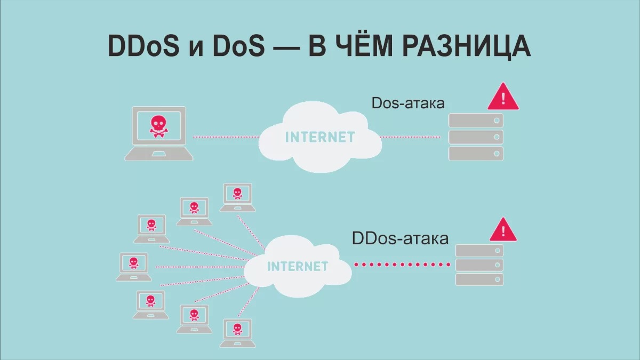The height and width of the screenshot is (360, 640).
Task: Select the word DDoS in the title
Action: point(143,46)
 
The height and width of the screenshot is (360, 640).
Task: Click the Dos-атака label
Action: point(408,103)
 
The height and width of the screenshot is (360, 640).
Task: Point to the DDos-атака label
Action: point(400,238)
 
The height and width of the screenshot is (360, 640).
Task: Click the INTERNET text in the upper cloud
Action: point(321,137)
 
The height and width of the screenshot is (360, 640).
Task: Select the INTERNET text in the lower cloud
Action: point(298,266)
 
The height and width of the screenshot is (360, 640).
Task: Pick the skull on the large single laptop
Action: point(158,126)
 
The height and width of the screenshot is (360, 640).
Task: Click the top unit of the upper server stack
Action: point(476,121)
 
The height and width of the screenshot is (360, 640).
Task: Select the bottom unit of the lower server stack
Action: point(479,279)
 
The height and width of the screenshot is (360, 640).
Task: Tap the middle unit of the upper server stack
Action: point(476,137)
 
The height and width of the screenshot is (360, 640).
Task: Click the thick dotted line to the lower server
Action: point(402,265)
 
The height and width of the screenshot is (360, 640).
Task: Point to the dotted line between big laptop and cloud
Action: point(226,137)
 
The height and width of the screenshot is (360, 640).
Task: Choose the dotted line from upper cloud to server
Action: point(410,137)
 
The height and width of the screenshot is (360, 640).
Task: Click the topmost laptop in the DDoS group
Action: point(237,197)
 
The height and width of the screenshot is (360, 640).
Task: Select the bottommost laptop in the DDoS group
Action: point(237,333)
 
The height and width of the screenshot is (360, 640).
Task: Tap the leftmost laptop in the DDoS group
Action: point(134,267)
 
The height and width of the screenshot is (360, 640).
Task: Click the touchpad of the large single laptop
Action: point(158,154)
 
